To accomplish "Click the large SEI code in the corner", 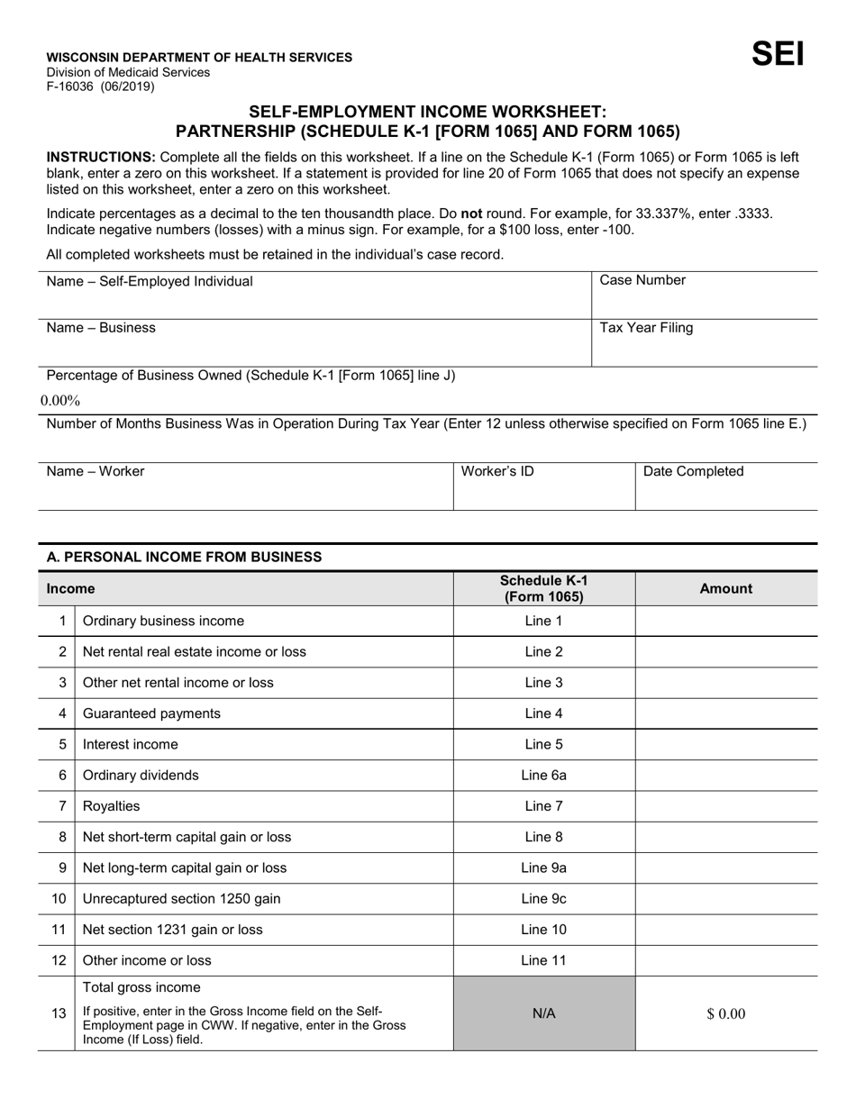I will pos(778,55).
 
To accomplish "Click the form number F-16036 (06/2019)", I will pos(100,87).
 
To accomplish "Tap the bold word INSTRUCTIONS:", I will pos(101,157).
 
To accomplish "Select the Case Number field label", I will pos(642,280).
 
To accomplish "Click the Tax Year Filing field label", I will pos(646,328).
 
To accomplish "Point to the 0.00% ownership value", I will pos(60,400).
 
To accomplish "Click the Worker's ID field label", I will pos(497,471).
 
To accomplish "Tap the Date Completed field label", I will pos(693,471).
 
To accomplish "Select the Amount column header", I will pos(725,588).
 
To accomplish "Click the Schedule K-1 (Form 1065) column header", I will pos(543,588).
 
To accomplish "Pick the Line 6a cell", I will pos(543,775).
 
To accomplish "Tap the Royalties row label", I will pos(111,806).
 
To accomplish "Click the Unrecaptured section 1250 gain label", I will pos(173,899).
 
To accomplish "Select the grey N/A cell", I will pos(543,1013).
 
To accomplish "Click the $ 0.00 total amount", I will pos(725,1013).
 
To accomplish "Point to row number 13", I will pos(59,1013).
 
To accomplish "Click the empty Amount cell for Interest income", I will pos(725,744).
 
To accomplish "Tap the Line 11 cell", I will pos(543,960).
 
